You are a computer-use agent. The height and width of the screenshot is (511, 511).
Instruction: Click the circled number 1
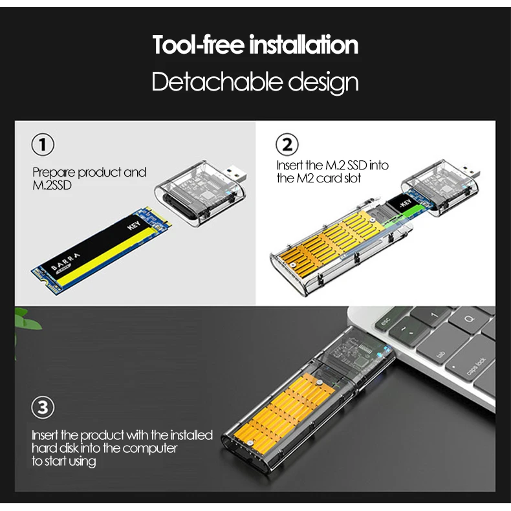43,144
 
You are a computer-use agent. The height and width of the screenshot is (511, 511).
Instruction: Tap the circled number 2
287,144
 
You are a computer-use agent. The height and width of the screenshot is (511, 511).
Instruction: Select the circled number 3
43,408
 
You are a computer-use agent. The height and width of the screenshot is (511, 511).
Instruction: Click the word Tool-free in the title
198,45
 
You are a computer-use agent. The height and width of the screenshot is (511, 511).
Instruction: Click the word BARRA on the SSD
65,262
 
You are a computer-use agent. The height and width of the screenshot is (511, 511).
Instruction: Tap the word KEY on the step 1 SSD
134,225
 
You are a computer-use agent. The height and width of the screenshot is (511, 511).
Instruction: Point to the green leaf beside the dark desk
26,321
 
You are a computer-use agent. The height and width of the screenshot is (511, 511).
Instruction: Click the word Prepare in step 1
54,173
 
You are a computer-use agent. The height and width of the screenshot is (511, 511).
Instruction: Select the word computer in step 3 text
149,448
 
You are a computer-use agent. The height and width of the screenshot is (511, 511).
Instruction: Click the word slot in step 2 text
353,179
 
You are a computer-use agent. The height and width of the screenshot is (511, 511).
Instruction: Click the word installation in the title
304,45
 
